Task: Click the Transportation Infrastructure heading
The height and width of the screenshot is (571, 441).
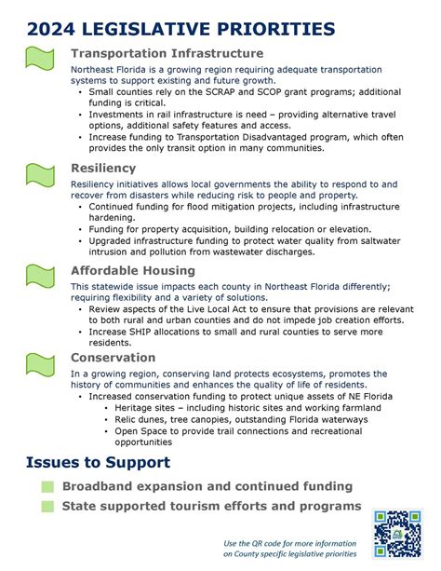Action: coord(167,54)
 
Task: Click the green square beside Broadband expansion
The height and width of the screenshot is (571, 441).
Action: coord(47,487)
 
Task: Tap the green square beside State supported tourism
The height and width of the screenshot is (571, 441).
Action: coord(47,507)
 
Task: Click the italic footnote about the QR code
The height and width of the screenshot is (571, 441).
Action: coord(289,549)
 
